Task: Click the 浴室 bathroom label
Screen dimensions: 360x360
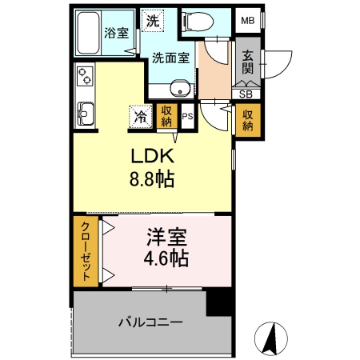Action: coord(116,33)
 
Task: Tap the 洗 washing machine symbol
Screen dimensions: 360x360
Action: coord(151,20)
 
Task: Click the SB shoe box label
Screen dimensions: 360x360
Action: coord(245,93)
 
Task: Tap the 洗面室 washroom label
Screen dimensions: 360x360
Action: coord(170,58)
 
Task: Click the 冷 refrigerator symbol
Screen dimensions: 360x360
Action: coord(139,117)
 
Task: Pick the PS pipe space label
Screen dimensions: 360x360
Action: coord(187,117)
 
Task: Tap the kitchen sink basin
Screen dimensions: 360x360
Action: coord(84,110)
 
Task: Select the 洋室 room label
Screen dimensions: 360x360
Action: coord(167,238)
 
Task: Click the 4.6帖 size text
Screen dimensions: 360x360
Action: coord(167,258)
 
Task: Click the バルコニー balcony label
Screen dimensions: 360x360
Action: coord(150,323)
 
